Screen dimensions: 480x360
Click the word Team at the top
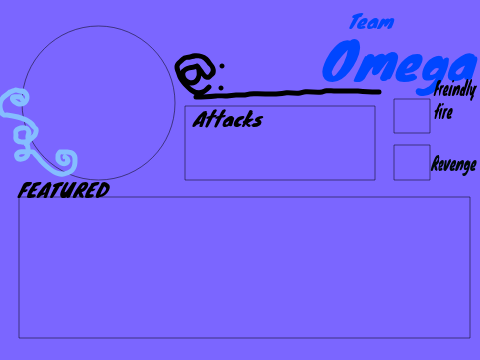click(x=372, y=22)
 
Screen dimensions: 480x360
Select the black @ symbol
click(x=195, y=74)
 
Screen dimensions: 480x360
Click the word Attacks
click(x=228, y=119)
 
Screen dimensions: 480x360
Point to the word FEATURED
click(x=64, y=190)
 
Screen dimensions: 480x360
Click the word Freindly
click(x=455, y=89)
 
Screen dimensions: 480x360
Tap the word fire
click(x=443, y=112)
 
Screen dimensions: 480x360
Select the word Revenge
click(x=454, y=165)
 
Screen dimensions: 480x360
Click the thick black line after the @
click(x=288, y=93)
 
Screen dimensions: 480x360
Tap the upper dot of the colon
click(x=222, y=66)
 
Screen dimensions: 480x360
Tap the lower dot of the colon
click(x=220, y=88)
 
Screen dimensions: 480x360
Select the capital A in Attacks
click(x=202, y=119)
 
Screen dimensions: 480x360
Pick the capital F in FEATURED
click(x=25, y=191)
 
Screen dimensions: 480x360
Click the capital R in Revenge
click(x=436, y=163)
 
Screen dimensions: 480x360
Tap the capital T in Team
click(x=356, y=21)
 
